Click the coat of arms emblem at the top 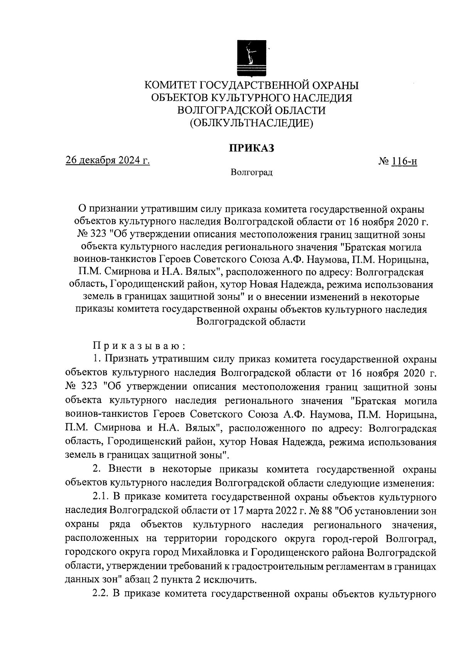251,58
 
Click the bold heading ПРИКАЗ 252,148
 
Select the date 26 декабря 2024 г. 108,161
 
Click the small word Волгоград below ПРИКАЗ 252,173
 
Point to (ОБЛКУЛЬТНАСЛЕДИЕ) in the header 251,124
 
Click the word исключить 233,581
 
